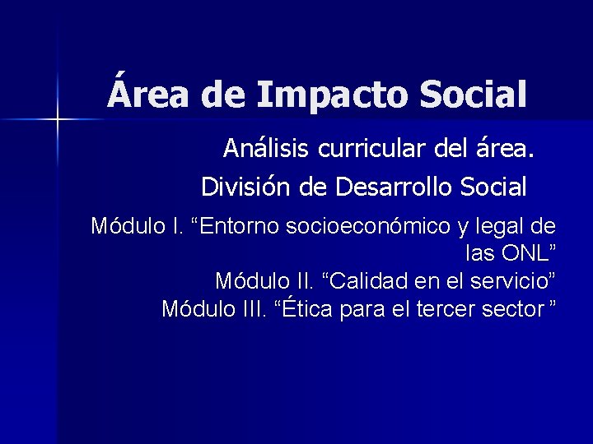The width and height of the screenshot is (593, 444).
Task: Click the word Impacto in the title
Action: tap(332, 95)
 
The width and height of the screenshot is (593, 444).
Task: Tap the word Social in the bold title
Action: tap(472, 94)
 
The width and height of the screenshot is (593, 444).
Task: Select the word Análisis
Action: tap(264, 149)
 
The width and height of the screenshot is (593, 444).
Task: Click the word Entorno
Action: tap(239, 226)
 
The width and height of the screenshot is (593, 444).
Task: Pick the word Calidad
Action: tap(365, 281)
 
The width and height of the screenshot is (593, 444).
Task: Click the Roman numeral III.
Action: tap(250, 309)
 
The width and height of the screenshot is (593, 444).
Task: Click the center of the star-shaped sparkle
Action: tap(58, 120)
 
